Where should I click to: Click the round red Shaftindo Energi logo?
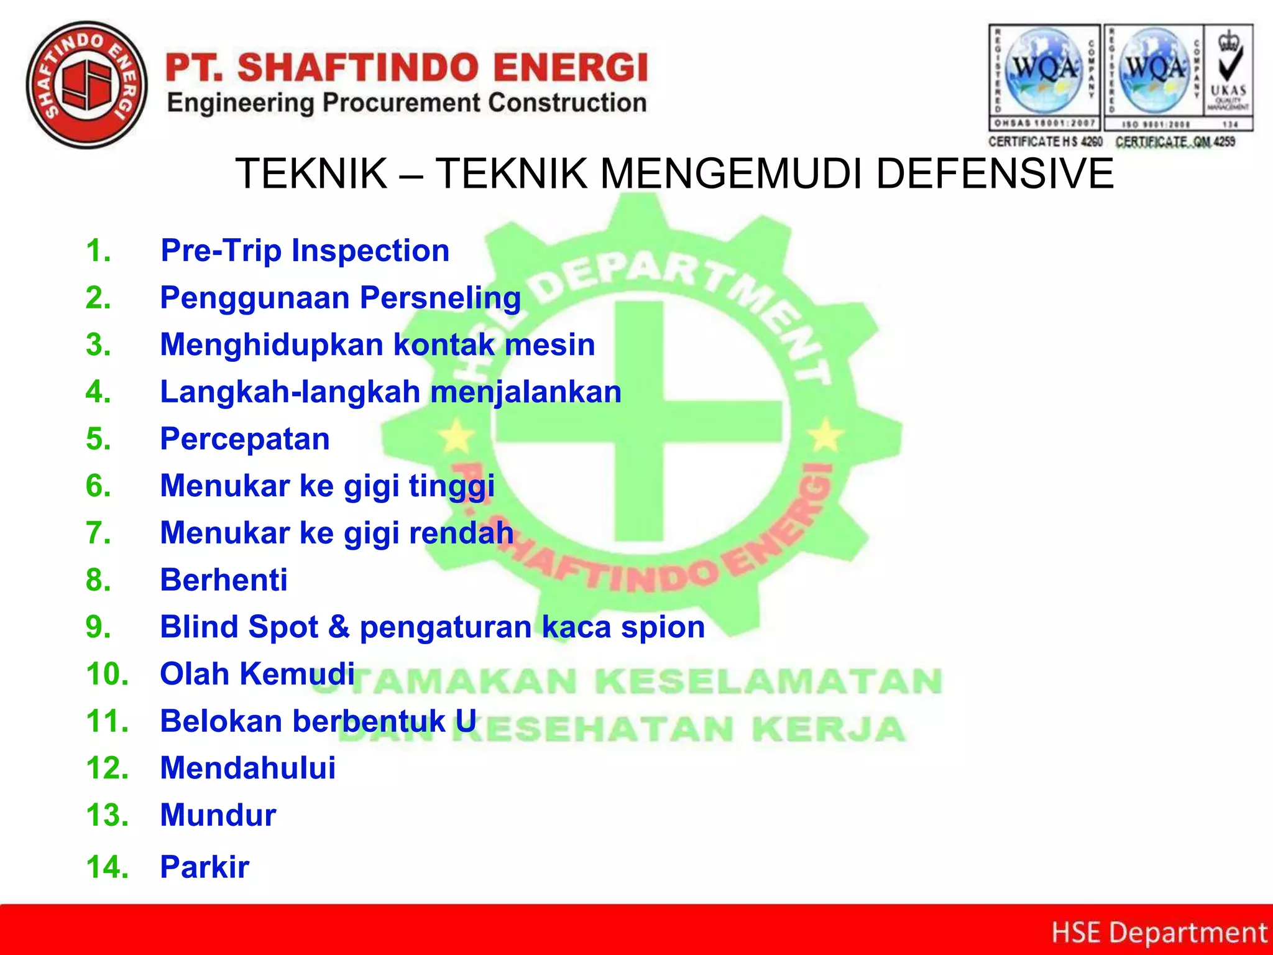click(87, 85)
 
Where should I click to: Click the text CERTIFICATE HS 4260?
click(1045, 142)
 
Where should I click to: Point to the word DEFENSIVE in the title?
click(995, 173)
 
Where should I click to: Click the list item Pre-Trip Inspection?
click(305, 251)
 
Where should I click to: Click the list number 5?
click(98, 439)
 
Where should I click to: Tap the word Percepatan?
click(245, 439)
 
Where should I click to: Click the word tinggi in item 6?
click(451, 486)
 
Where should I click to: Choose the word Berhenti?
click(224, 579)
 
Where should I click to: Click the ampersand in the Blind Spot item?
click(339, 627)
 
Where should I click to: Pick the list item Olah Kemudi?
click(257, 674)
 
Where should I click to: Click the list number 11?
click(107, 721)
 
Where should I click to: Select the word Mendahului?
click(247, 768)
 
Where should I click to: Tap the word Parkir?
click(205, 867)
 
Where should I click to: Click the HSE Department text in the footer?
click(1159, 933)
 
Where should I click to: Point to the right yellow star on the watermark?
click(825, 435)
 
